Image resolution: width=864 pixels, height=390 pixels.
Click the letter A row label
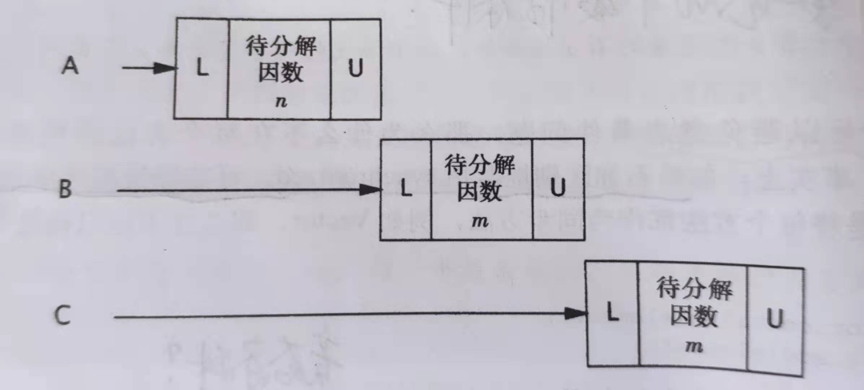tap(70, 67)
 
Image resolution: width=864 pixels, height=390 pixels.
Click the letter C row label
tap(65, 316)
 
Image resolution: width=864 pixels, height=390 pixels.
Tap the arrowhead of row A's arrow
tap(165, 68)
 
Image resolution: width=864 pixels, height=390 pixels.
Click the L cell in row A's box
tap(202, 68)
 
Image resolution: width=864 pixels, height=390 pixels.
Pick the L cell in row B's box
tap(406, 190)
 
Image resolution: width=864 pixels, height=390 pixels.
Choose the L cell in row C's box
tap(613, 314)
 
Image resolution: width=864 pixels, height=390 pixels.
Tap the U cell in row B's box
tap(558, 190)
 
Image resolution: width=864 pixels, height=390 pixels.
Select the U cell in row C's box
tap(774, 318)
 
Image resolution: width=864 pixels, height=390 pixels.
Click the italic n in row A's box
tap(279, 103)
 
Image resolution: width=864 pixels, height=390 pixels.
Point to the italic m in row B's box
tap(480, 221)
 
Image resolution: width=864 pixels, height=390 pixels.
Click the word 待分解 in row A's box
tap(279, 46)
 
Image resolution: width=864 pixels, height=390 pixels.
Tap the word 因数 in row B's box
tap(480, 193)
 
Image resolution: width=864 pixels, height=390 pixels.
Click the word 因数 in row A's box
tap(279, 74)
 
